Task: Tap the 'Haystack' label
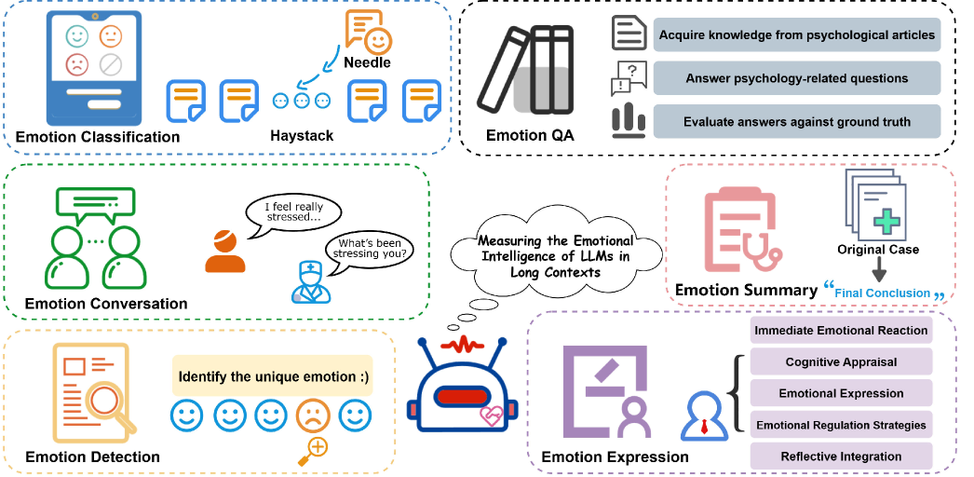(301, 136)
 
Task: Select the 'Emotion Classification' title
(98, 137)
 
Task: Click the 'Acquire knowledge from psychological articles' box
(796, 35)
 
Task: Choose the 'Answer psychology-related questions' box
(796, 78)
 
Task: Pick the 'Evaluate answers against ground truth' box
(796, 121)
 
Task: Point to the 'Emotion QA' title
(530, 136)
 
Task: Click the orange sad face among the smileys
(312, 416)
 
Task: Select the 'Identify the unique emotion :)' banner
(273, 377)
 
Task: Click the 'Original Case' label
(878, 250)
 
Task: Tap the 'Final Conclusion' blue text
(882, 293)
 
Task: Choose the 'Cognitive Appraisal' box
(840, 361)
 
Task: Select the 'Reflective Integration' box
(840, 457)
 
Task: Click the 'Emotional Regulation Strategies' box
(840, 425)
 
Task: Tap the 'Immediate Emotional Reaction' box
(840, 330)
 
